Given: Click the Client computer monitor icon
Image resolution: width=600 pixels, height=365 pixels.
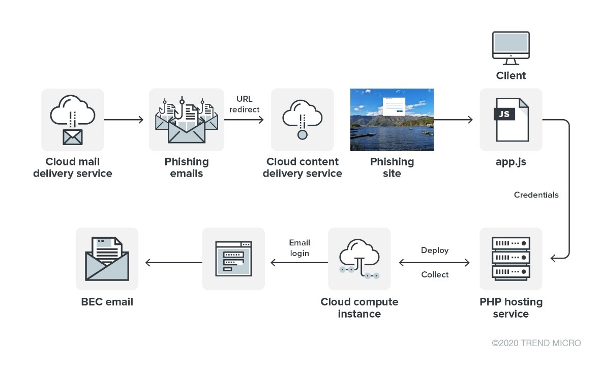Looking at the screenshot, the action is point(511,47).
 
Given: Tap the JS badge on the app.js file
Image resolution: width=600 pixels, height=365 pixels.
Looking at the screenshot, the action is point(504,114).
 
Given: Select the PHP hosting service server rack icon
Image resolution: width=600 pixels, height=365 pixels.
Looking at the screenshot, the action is point(511,259).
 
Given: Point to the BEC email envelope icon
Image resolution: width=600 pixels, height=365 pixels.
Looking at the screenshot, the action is point(107,259).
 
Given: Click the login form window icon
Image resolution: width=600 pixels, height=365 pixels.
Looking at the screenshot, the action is point(233,259).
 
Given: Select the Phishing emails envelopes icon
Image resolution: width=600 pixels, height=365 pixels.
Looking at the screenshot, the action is point(186,120).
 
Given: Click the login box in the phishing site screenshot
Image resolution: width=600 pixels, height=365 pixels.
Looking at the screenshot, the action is point(394,105).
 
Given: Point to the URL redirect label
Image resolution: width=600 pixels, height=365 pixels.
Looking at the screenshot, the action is point(244,104).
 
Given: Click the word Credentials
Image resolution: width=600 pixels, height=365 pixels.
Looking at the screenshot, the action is point(536,195).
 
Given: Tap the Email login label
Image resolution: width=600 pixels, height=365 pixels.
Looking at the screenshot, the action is point(299,248).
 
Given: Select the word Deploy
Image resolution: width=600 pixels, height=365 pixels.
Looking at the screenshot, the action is point(435,250).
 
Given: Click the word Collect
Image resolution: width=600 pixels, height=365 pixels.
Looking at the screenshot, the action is point(435,275).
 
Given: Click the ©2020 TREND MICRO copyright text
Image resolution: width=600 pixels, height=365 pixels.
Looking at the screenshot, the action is point(536,343).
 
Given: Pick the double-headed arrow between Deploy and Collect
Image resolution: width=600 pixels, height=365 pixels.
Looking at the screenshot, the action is point(435,263).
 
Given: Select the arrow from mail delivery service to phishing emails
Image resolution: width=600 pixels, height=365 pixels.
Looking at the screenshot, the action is point(124,120).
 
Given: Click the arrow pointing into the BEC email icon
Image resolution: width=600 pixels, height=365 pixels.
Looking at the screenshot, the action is point(173,263).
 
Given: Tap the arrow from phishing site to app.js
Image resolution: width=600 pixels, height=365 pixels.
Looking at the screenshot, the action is point(453,120).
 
